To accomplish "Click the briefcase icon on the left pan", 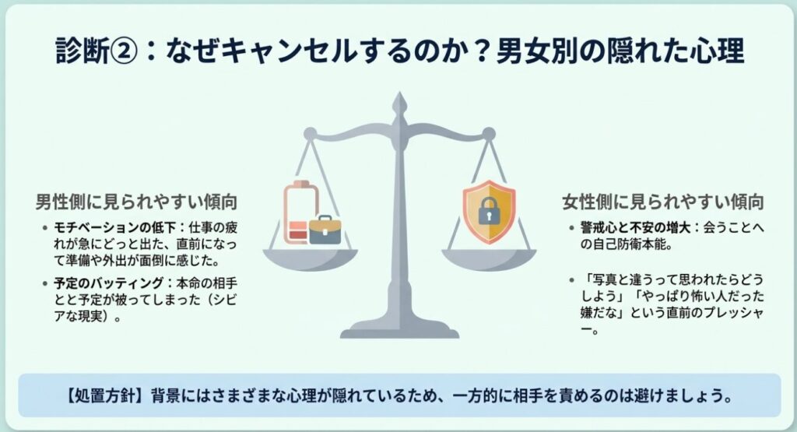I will point(325,230).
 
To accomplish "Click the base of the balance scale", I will point(399,326).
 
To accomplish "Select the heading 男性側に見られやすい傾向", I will point(137,202).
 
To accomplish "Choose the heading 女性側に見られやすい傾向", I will point(662,202).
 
